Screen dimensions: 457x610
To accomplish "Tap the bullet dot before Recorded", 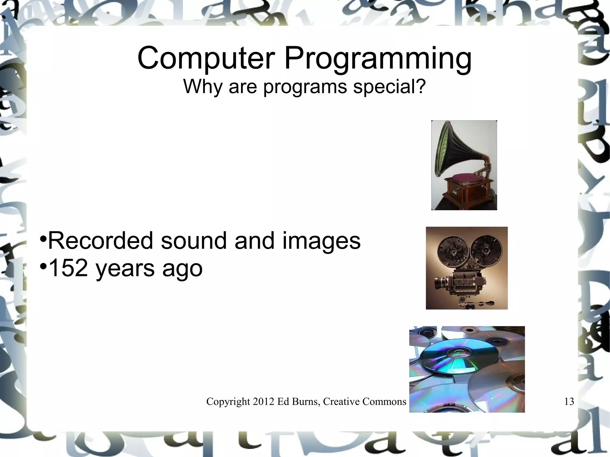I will pyautogui.click(x=43, y=238).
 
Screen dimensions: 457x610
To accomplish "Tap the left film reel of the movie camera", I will pyautogui.click(x=452, y=252).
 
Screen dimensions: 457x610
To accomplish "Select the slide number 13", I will pyautogui.click(x=569, y=402).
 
